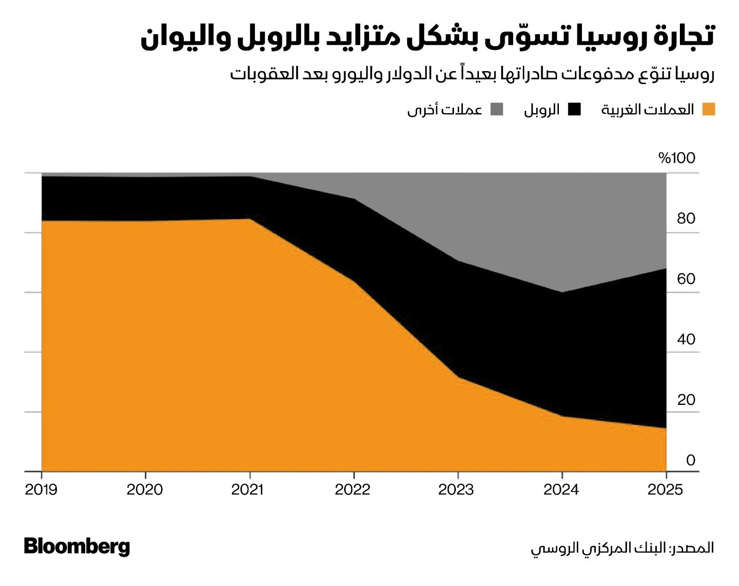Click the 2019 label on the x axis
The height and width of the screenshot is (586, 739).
coord(41,489)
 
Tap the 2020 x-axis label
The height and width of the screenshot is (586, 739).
coord(145,489)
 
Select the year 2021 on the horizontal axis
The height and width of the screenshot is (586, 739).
coord(248,489)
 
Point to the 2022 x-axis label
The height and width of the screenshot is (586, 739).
coord(352,489)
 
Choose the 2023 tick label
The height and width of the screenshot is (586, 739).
coord(456,489)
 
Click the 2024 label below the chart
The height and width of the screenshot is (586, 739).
coord(561,489)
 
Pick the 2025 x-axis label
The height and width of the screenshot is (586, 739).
coord(665,489)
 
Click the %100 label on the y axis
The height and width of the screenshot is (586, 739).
coord(677,158)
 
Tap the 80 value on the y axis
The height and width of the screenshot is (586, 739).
coord(686,218)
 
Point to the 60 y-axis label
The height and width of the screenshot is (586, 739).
coord(686,279)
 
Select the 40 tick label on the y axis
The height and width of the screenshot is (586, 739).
coord(686,339)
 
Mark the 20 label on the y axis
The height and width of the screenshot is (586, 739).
coord(686,400)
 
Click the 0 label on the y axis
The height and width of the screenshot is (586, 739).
coord(691,460)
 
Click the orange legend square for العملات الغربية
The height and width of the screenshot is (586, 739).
coord(709,109)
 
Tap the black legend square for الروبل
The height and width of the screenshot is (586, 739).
coord(575,109)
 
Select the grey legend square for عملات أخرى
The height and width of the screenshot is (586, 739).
coord(497,109)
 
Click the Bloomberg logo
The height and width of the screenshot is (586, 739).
coord(77,546)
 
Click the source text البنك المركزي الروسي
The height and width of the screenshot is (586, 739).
coord(598,548)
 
